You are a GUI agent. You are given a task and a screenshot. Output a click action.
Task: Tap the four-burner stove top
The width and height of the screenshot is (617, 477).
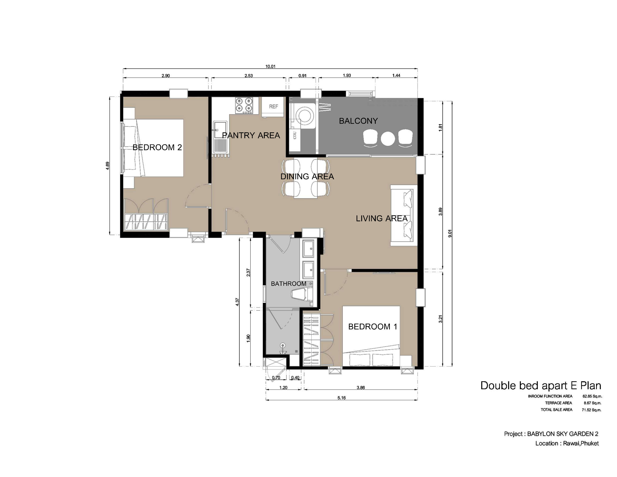click(244, 105)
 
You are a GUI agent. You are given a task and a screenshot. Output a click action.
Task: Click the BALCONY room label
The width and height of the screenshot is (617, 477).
click(358, 121)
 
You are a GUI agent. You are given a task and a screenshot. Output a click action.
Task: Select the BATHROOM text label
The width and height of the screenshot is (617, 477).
click(288, 284)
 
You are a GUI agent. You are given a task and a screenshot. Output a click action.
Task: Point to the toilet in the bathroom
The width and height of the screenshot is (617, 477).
click(302, 296)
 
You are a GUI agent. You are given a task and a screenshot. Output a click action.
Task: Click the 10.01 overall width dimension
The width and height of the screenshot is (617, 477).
click(270, 66)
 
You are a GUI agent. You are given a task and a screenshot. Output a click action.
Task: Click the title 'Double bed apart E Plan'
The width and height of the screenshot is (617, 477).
click(541, 386)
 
